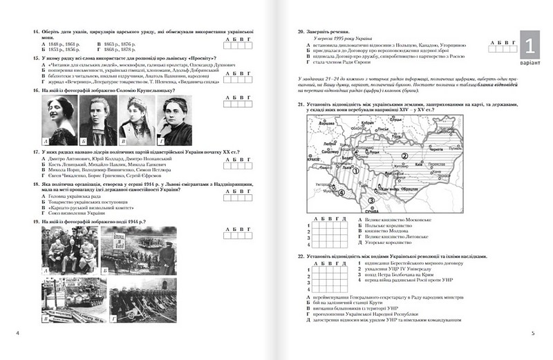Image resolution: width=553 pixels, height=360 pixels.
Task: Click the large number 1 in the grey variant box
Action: click(529, 47)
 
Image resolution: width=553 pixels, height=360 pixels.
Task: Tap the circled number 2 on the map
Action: click(403, 156)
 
